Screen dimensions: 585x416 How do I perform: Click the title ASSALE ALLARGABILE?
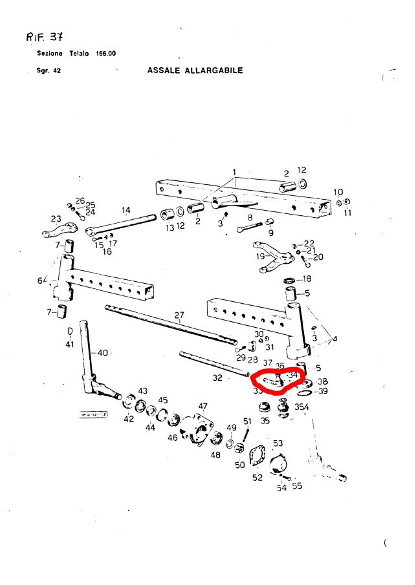pyautogui.click(x=195, y=70)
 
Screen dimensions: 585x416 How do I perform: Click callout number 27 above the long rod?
pyautogui.click(x=179, y=316)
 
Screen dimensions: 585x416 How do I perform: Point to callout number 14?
pyautogui.click(x=126, y=210)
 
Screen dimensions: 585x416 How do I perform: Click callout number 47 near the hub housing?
pyautogui.click(x=203, y=407)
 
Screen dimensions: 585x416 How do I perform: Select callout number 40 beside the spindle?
pyautogui.click(x=103, y=353)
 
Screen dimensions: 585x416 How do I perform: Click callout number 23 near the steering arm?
pyautogui.click(x=56, y=218)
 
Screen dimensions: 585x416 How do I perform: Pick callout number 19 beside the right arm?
pyautogui.click(x=260, y=257)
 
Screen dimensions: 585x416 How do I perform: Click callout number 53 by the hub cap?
pyautogui.click(x=278, y=443)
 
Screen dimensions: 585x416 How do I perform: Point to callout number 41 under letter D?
pyautogui.click(x=70, y=345)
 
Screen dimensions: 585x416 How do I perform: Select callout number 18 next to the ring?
pyautogui.click(x=306, y=279)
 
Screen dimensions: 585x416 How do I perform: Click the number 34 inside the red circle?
pyautogui.click(x=293, y=375)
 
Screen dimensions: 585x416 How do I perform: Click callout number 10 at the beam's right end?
pyautogui.click(x=338, y=193)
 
